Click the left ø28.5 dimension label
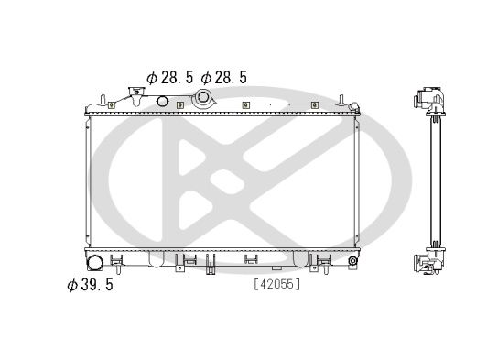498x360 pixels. pyautogui.click(x=169, y=78)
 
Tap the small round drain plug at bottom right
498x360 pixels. pyautogui.click(x=352, y=263)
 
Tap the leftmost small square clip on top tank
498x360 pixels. pyautogui.click(x=111, y=106)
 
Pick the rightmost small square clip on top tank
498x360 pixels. pyautogui.click(x=314, y=106)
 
